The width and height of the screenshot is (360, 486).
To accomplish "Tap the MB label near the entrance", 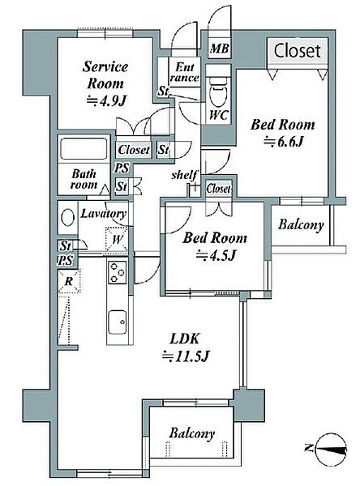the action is (x=220, y=49).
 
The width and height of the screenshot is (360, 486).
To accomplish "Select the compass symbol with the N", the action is (x=328, y=449).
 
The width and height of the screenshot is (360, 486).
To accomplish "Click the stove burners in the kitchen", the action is (x=117, y=272).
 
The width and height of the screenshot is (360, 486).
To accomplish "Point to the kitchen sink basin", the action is (x=117, y=322).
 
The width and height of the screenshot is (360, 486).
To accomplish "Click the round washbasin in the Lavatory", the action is (x=68, y=218).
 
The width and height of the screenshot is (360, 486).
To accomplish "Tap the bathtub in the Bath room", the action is (x=84, y=148).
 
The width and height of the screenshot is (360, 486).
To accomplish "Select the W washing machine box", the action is (x=117, y=240).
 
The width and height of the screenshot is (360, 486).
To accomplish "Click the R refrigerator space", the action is (x=69, y=281).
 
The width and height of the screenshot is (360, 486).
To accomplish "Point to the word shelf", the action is (x=184, y=175).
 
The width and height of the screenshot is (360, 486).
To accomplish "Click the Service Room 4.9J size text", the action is (x=106, y=100).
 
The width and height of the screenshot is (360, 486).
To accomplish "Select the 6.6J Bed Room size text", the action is (x=283, y=142).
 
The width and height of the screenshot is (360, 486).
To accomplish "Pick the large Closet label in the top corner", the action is (x=297, y=50).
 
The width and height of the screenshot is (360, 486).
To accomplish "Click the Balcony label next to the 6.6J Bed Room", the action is (x=301, y=224).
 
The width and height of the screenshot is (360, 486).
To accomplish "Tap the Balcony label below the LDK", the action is (x=192, y=433).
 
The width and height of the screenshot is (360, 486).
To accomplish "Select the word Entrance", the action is (x=184, y=72).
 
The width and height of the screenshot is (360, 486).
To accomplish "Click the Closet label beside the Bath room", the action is (x=134, y=150).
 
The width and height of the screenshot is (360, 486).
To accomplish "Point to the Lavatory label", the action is (x=103, y=214).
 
